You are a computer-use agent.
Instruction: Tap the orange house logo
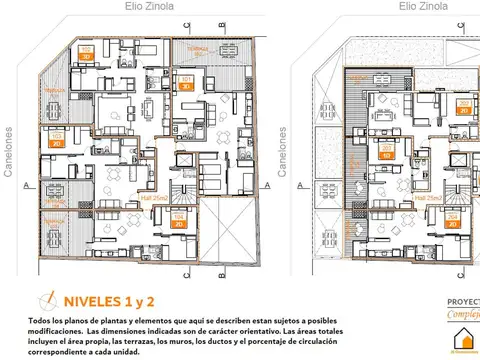(462, 343)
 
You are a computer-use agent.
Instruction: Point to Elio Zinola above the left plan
(150, 6)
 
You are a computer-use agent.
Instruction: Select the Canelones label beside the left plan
(9, 151)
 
